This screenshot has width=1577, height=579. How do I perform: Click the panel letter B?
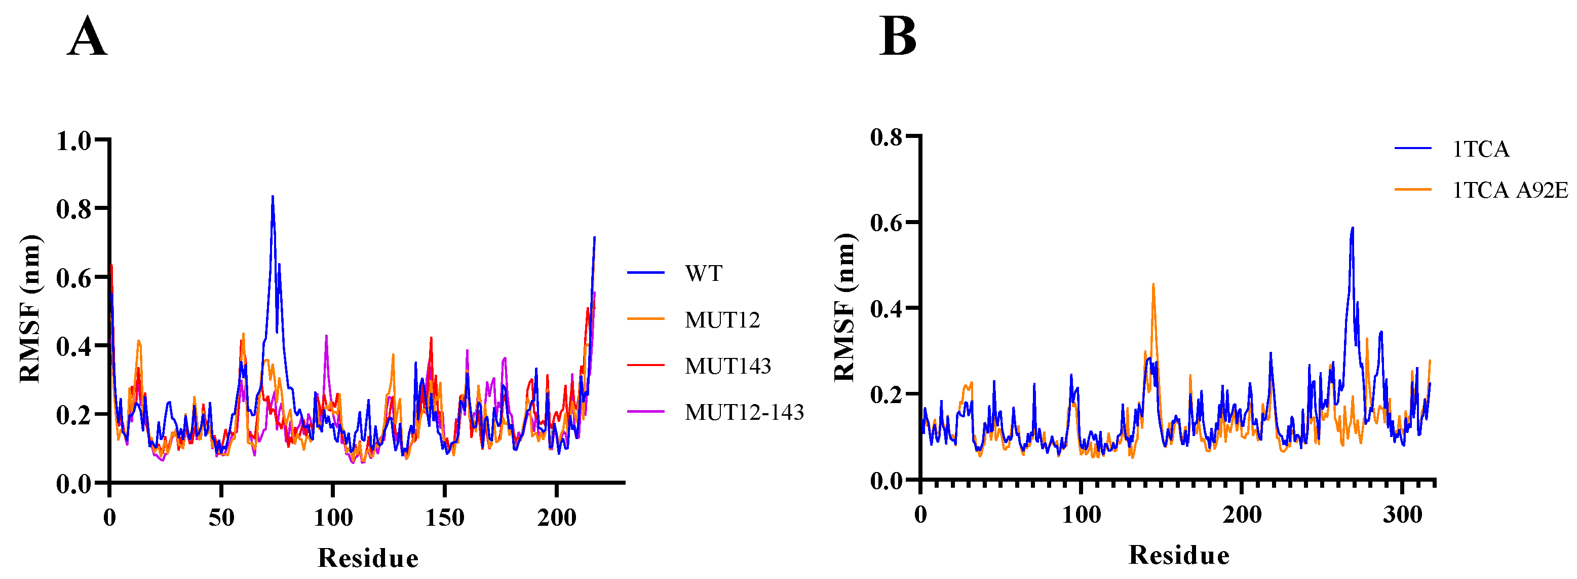click(x=898, y=37)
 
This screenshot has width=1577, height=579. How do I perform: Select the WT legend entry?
click(x=704, y=273)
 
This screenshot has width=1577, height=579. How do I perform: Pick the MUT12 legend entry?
click(x=722, y=319)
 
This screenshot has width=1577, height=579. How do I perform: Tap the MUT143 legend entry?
click(x=727, y=366)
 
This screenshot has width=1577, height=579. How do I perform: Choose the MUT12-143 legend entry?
click(x=744, y=412)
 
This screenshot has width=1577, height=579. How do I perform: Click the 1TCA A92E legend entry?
click(x=1510, y=190)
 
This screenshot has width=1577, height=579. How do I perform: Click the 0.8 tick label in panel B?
click(x=887, y=136)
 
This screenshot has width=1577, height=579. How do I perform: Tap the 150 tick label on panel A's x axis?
click(x=444, y=518)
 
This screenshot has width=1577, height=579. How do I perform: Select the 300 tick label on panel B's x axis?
click(x=1402, y=514)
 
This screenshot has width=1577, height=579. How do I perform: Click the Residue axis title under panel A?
click(x=368, y=558)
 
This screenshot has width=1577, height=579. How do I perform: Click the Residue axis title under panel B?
click(x=1178, y=555)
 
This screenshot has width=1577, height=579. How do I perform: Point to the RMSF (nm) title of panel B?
click(x=845, y=308)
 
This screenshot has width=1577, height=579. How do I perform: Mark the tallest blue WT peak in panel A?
click(x=273, y=197)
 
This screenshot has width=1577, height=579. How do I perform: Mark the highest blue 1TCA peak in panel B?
click(x=1352, y=228)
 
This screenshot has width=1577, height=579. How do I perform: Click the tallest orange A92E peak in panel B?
click(x=1153, y=284)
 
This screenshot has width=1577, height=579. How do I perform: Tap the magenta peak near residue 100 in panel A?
click(x=326, y=336)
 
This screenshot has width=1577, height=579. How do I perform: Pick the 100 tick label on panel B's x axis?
click(x=1081, y=514)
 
